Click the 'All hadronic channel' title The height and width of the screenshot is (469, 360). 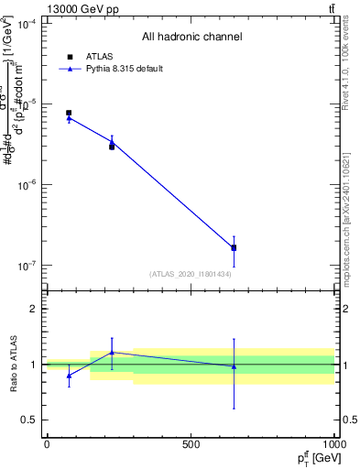coord(191,38)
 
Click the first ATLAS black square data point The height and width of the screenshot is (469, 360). coord(69,113)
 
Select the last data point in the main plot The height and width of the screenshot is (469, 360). coord(234,247)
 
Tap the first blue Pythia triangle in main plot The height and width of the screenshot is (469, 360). coord(69,118)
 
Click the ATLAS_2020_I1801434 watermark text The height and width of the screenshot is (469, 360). coord(191,274)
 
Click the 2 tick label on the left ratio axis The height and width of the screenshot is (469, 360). coord(34,309)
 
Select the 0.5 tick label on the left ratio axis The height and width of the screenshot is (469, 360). coord(30,420)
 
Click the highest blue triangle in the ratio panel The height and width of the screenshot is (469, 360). coord(112,352)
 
